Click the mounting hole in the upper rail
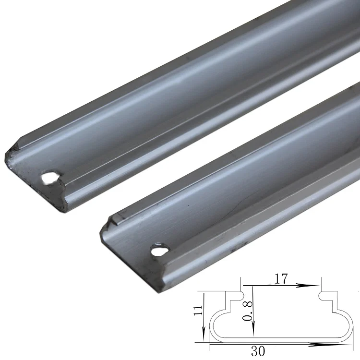tap(48, 178)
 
